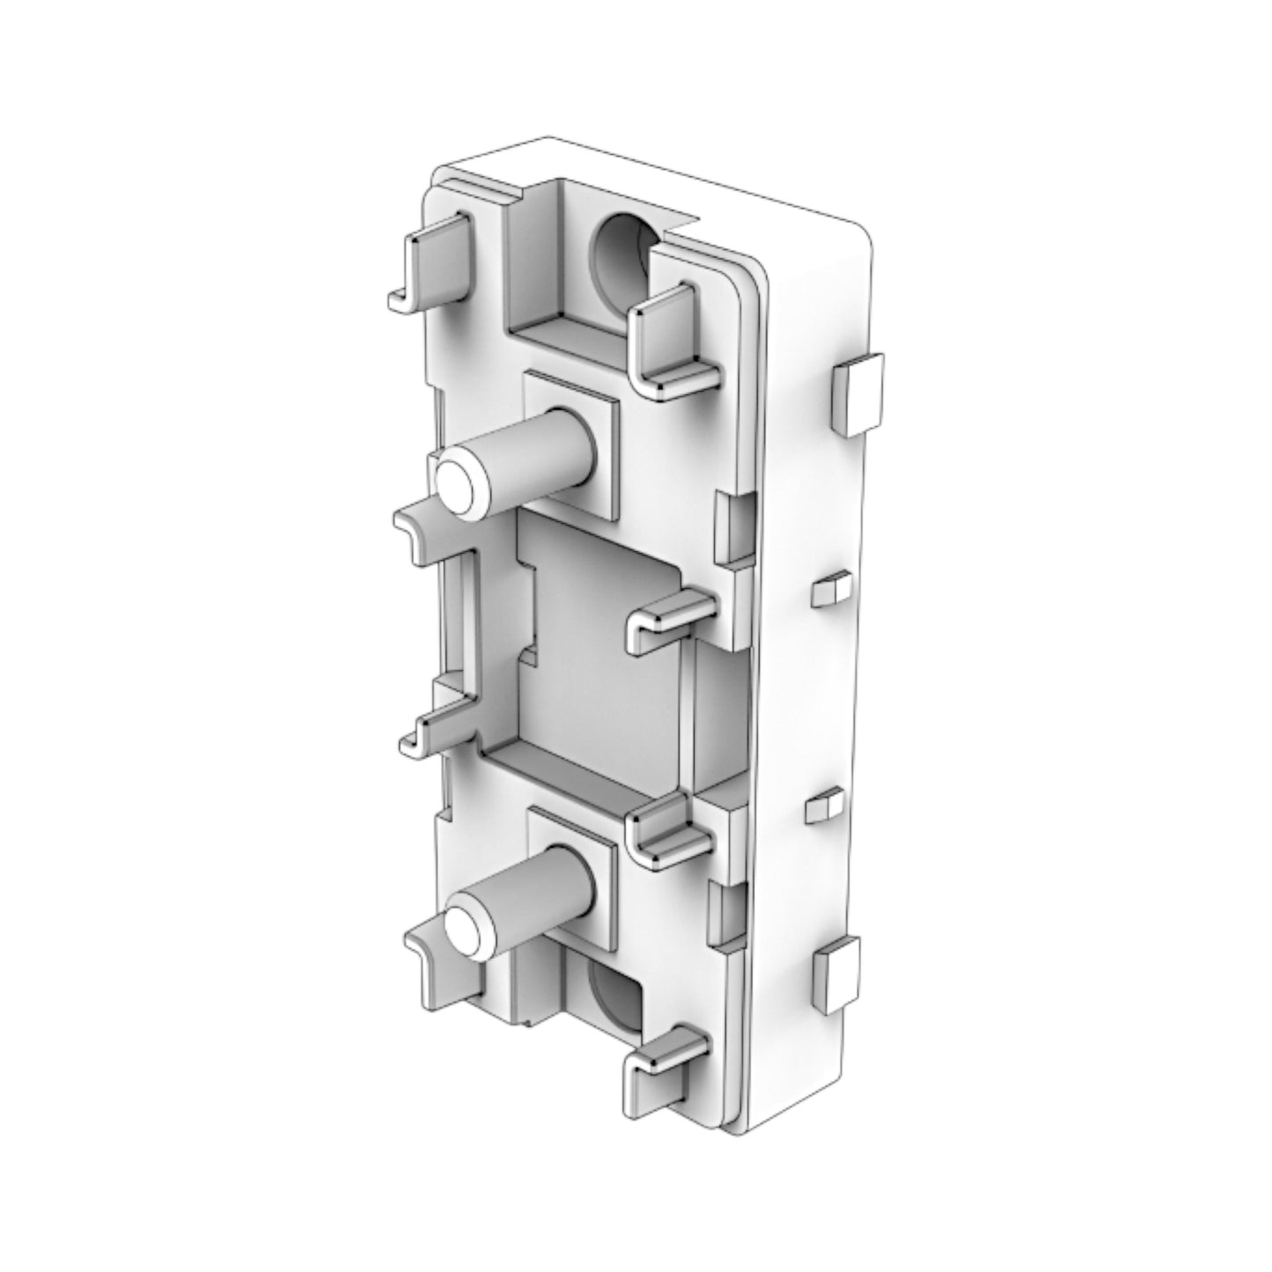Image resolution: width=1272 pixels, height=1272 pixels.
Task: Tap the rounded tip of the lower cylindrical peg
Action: (467, 927)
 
